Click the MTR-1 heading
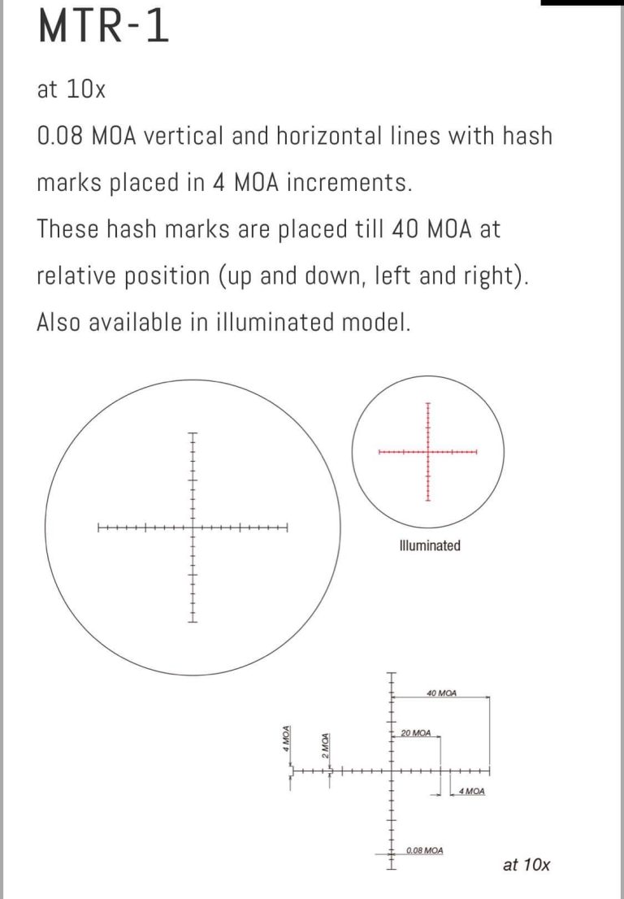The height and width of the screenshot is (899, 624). click(x=103, y=27)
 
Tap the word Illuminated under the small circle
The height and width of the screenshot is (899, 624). click(x=430, y=545)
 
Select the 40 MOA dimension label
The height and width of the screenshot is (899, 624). click(x=441, y=693)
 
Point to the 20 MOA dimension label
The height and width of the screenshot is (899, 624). click(x=415, y=733)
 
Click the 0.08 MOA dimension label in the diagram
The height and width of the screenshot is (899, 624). click(x=424, y=850)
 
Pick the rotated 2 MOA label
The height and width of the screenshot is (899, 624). click(x=324, y=745)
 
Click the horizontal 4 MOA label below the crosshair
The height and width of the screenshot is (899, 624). click(x=471, y=791)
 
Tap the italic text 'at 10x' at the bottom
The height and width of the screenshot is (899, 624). click(x=526, y=864)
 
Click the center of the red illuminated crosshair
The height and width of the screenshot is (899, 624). click(x=427, y=451)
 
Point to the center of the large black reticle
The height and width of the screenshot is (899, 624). click(x=193, y=528)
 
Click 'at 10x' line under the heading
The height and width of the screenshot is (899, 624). click(x=71, y=89)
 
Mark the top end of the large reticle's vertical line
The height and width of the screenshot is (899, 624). click(x=193, y=433)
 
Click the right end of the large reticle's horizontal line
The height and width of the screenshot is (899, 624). click(x=288, y=528)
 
